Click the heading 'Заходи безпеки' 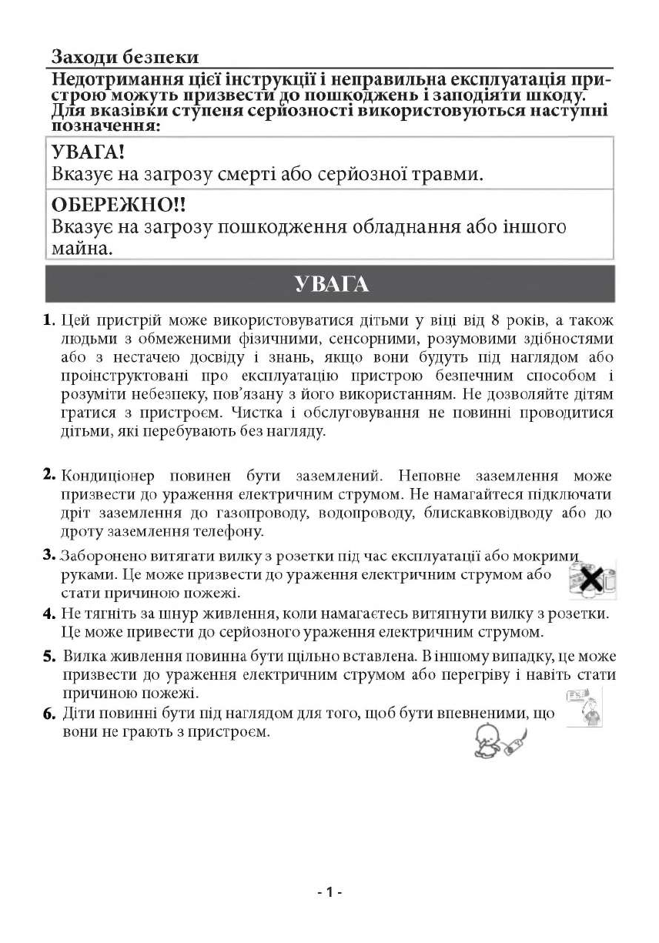(x=125, y=57)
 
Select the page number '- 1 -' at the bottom (x=329, y=892)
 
